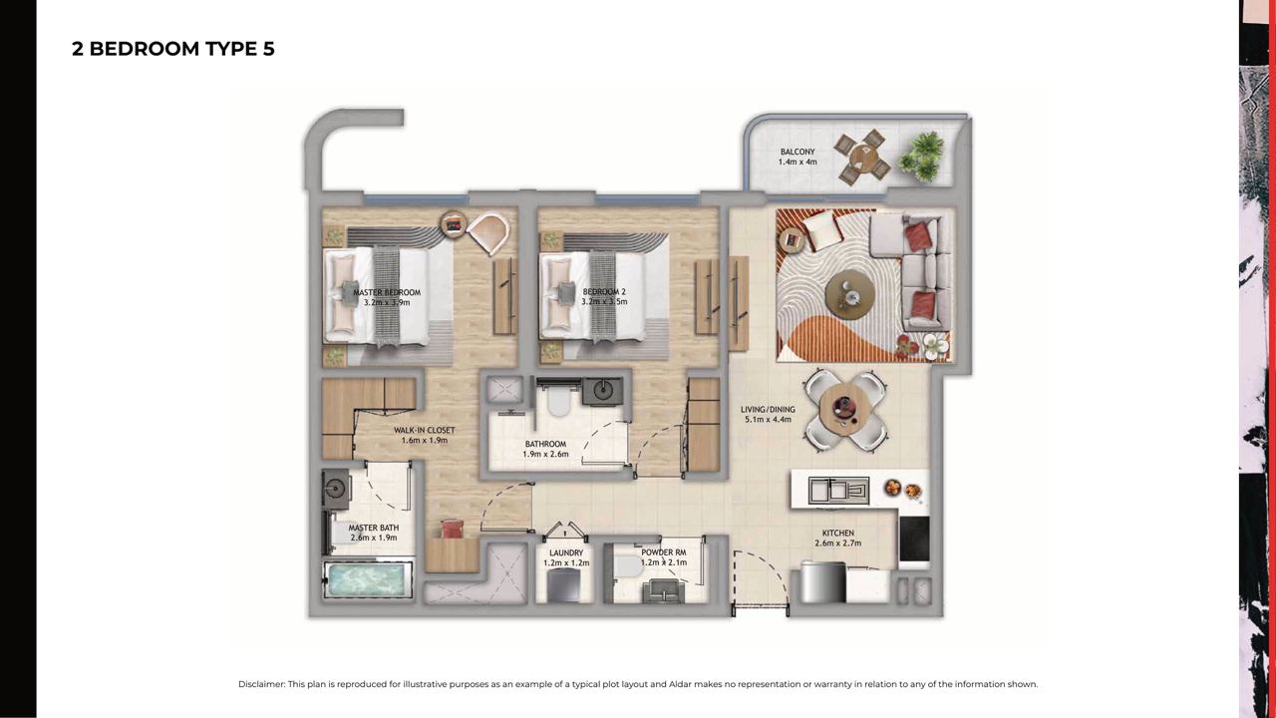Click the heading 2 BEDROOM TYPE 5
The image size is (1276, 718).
pos(173,49)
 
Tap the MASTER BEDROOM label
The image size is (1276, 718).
pos(387,292)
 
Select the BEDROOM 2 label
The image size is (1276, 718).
pos(604,292)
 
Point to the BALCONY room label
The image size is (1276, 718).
pos(797,152)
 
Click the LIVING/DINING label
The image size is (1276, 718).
pos(768,409)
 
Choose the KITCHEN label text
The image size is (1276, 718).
pos(838,533)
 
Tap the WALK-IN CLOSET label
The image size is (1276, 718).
pos(425,430)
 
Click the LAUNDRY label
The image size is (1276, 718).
pos(566,552)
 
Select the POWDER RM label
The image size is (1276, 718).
pos(664,552)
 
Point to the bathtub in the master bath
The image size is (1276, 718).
pos(368,580)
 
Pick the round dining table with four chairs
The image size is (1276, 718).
pos(844,409)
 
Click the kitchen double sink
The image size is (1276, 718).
pos(838,491)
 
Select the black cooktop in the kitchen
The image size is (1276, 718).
pos(914,539)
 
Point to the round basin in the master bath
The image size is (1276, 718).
pos(335,489)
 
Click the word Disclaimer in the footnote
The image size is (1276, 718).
pos(261,684)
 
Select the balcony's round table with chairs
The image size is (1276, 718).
pos(862,157)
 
